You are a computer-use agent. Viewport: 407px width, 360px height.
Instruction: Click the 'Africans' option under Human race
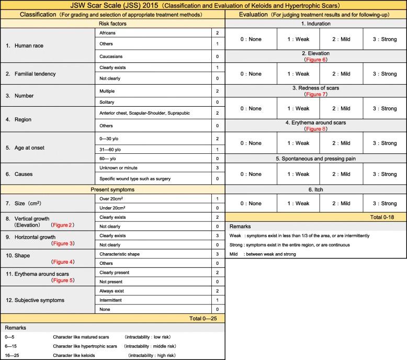click(108, 32)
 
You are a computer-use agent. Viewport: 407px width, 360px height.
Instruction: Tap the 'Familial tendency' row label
click(31, 74)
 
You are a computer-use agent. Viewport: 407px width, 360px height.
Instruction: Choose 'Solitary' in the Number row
click(107, 102)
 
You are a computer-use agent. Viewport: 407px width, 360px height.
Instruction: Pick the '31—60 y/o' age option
click(110, 149)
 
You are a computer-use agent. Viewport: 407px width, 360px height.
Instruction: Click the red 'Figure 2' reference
click(62, 225)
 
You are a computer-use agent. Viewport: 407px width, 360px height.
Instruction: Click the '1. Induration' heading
click(316, 24)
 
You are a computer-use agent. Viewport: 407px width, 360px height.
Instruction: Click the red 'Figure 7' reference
click(316, 94)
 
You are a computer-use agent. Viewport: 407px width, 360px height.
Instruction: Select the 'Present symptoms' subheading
click(112, 189)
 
